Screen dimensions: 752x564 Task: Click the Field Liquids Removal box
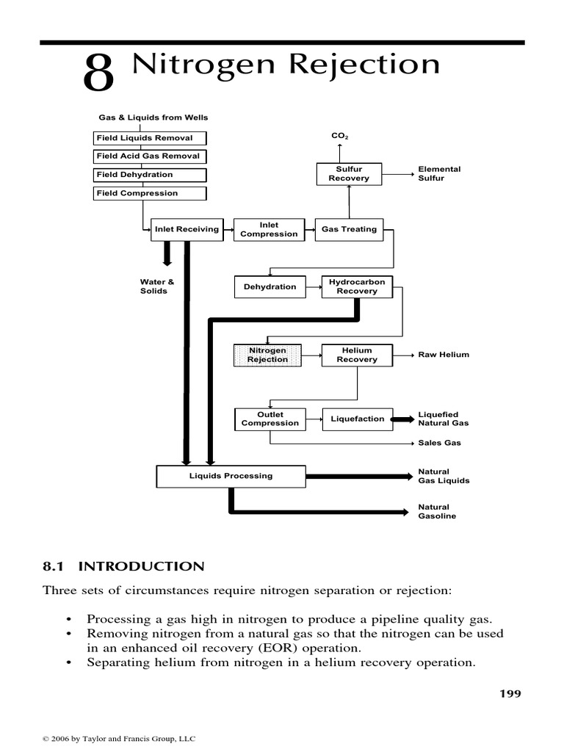pos(151,138)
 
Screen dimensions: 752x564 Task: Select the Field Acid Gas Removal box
pos(151,156)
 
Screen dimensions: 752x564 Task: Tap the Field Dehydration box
pos(151,175)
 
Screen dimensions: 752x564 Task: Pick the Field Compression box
pos(151,193)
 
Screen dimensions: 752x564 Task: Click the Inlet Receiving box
pos(187,229)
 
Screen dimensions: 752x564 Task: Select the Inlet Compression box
pos(269,229)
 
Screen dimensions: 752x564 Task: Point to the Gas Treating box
pos(349,229)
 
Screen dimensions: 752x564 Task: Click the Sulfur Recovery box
pos(349,174)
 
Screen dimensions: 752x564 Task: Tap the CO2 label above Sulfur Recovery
pos(339,137)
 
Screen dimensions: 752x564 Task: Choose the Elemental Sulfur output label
pos(439,174)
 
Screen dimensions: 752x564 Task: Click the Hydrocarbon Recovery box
pos(357,286)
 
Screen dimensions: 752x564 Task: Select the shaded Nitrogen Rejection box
pos(267,355)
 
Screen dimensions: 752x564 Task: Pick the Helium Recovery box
pos(357,355)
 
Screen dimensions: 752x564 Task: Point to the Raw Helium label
pos(443,355)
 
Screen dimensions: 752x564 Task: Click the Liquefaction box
pos(357,419)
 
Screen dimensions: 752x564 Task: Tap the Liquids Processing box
pos(231,476)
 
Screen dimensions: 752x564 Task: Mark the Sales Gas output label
pos(439,444)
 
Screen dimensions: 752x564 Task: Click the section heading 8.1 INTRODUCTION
pos(123,566)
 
